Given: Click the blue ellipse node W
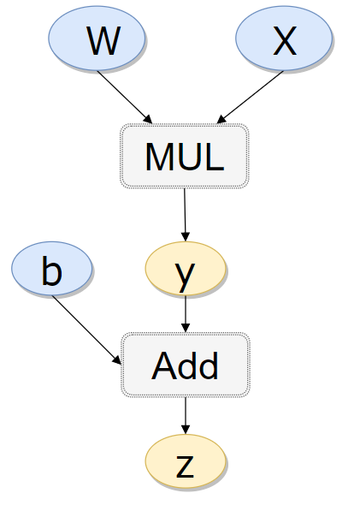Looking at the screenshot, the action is click(x=97, y=38).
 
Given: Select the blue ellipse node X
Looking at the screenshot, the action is click(x=284, y=38).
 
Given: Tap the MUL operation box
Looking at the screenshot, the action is click(x=185, y=156).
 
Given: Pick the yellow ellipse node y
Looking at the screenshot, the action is click(x=186, y=268).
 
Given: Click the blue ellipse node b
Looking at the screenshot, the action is click(x=52, y=268).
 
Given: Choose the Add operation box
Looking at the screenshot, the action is click(x=186, y=365).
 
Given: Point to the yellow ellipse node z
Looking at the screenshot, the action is click(x=186, y=461).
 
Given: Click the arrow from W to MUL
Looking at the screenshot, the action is click(x=125, y=97).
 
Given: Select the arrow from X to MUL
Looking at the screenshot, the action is click(x=250, y=97).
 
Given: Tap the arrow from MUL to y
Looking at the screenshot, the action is click(x=185, y=215).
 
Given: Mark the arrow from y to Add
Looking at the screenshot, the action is click(x=186, y=313).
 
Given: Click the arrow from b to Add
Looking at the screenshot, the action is click(x=86, y=330).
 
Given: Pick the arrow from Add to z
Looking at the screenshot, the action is click(x=186, y=415).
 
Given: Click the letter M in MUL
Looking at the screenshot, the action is click(x=160, y=157).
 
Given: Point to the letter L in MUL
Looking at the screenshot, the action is click(x=215, y=157).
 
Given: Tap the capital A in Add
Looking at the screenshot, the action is click(x=164, y=365).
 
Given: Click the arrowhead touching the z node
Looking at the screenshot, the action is click(x=186, y=430).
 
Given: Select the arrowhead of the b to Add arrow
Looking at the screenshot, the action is click(x=117, y=359).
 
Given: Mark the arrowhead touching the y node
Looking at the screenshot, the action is click(x=186, y=237).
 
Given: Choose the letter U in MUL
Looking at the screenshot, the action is click(x=189, y=157).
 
